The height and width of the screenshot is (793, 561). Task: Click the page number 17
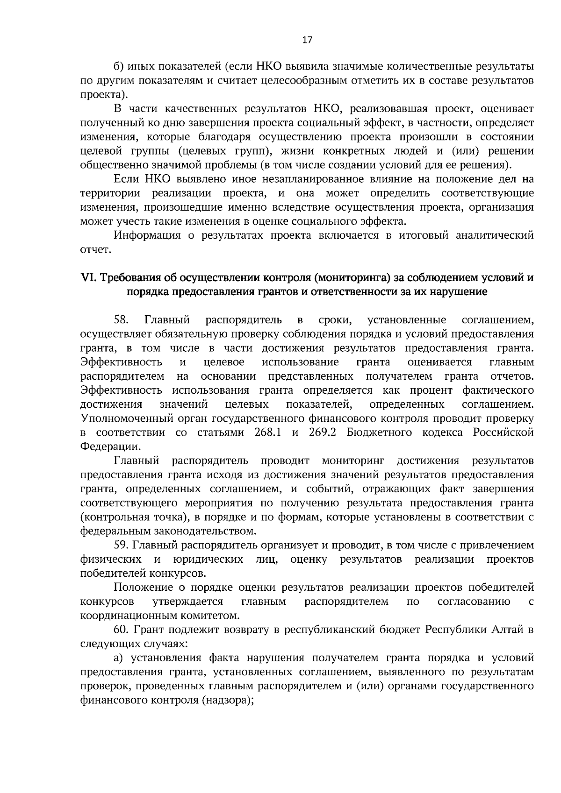pyautogui.click(x=307, y=40)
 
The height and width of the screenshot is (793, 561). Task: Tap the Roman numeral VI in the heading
pyautogui.click(x=87, y=277)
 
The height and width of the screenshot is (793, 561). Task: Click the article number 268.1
pyautogui.click(x=267, y=432)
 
